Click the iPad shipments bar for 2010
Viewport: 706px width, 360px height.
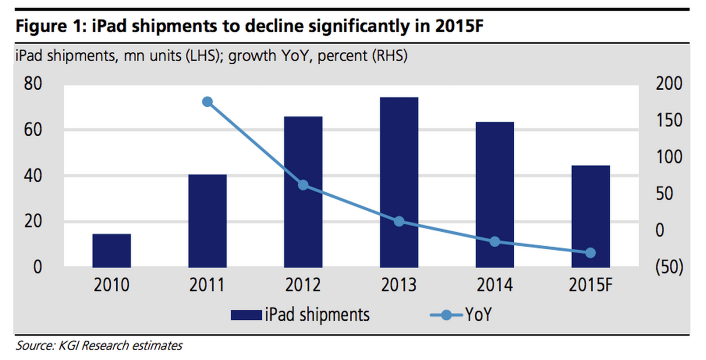tap(112, 250)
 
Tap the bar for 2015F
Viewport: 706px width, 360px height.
tap(590, 216)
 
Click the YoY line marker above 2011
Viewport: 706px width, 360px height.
tap(207, 102)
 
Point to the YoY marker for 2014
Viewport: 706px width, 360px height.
tap(495, 242)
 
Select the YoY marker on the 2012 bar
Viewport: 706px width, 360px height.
tap(303, 185)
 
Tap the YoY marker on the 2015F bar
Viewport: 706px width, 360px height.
tap(590, 253)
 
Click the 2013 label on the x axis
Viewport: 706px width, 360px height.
tap(399, 285)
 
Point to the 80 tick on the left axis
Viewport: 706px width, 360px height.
tap(32, 84)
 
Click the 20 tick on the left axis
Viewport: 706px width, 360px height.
tap(32, 222)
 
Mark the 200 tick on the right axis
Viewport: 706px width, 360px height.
tap(668, 84)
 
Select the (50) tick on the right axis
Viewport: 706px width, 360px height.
tap(668, 267)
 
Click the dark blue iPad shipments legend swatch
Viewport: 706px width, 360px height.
tap(246, 315)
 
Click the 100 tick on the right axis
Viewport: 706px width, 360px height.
tap(668, 157)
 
